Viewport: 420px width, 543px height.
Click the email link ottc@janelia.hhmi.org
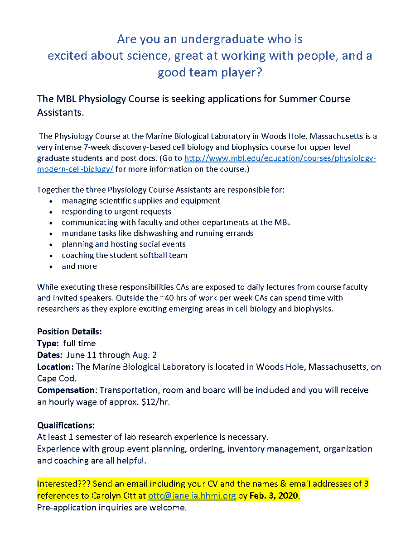[x=192, y=495]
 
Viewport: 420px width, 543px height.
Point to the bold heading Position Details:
[x=69, y=331]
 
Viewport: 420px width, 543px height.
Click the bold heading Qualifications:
[x=66, y=425]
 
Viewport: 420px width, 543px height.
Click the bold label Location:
[x=55, y=367]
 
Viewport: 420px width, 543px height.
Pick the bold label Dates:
[x=50, y=355]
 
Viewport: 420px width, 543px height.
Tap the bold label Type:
[x=48, y=343]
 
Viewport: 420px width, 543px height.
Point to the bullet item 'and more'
[x=79, y=266]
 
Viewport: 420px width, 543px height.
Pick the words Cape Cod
[x=56, y=378]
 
